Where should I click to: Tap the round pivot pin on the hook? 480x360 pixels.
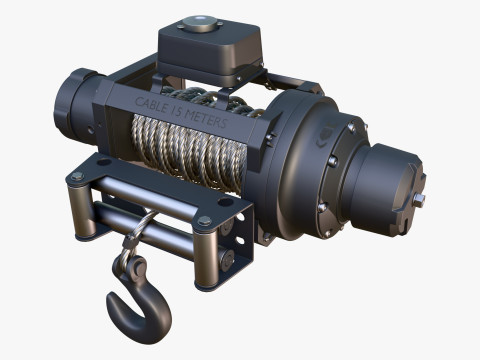click(x=137, y=266)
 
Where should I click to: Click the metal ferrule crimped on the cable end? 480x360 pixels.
click(x=128, y=241)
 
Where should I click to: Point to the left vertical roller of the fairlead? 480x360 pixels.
click(x=77, y=210)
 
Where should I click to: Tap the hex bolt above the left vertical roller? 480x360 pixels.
click(x=77, y=176)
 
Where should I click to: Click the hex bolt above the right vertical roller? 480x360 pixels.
click(x=204, y=220)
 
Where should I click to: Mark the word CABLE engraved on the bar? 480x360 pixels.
click(x=151, y=105)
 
